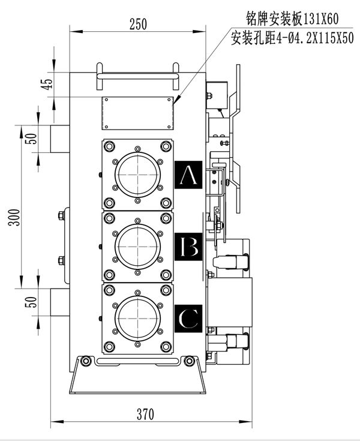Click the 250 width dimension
pyautogui.click(x=138, y=24)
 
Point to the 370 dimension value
pyautogui.click(x=145, y=414)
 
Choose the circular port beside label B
pyautogui.click(x=139, y=245)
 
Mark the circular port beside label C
pyautogui.click(x=139, y=317)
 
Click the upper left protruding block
pyautogui.click(x=59, y=139)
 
